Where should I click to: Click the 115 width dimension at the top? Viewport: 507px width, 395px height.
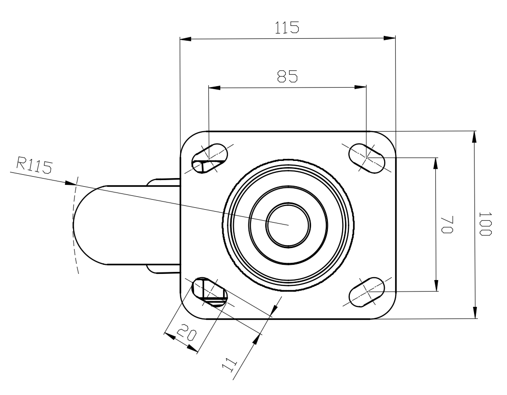287,28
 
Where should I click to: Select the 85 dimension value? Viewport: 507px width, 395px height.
288,77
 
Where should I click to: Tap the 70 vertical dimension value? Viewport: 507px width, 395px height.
448,224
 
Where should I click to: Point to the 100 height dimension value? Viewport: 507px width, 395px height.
485,224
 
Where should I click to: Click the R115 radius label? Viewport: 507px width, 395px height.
34,165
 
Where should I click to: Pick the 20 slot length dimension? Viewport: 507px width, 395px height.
186,332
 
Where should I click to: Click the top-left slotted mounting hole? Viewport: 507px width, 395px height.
210,158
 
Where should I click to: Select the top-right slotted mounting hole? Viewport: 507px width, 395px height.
367,158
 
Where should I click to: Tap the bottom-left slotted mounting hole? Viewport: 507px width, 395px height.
210,292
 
